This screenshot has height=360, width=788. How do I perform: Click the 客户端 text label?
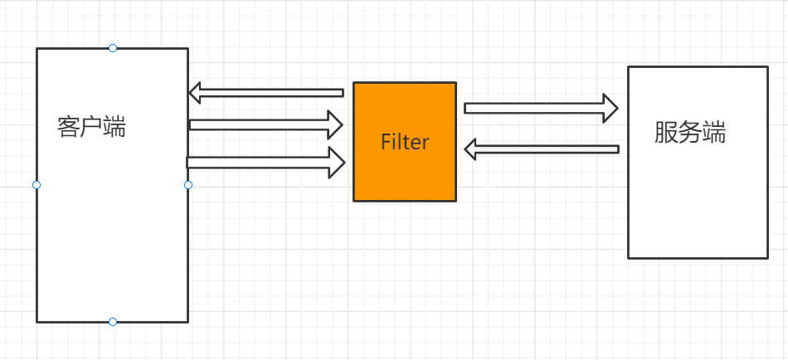[x=92, y=127]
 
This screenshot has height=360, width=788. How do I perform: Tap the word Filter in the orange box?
[x=405, y=142]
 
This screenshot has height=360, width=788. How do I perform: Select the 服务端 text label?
[x=690, y=133]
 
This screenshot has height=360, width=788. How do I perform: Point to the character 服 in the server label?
[x=666, y=133]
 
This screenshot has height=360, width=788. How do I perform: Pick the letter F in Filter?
[x=385, y=142]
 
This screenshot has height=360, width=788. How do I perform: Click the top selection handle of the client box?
[x=113, y=48]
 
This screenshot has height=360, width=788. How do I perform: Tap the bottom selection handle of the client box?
[x=113, y=322]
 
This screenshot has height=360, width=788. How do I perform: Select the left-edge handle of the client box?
[x=36, y=185]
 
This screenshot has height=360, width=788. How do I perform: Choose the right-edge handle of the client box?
[x=188, y=185]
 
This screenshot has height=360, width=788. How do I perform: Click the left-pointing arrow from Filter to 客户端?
[x=265, y=91]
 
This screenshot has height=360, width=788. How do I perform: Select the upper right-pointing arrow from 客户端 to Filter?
[x=265, y=125]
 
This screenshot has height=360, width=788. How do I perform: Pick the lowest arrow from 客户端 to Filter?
[x=265, y=163]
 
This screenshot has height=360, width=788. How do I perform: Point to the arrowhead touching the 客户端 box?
[x=196, y=91]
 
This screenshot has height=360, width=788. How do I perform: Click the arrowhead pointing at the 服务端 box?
[x=610, y=108]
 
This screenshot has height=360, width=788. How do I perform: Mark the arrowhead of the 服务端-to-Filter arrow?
[x=470, y=149]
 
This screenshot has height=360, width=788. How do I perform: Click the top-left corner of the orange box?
[x=354, y=83]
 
